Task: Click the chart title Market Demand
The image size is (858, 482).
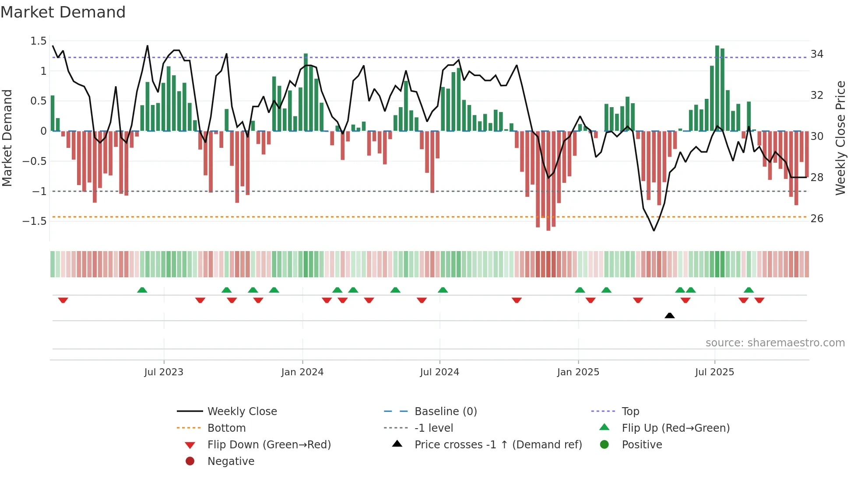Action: pyautogui.click(x=63, y=12)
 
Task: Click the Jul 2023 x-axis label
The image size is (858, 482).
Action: pyautogui.click(x=164, y=372)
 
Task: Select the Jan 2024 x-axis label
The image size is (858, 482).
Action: pyautogui.click(x=302, y=372)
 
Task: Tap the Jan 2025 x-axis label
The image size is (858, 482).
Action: pyautogui.click(x=578, y=372)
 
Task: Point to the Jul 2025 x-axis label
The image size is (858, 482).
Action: pyautogui.click(x=714, y=372)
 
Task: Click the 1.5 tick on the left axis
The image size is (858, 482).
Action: pyautogui.click(x=39, y=41)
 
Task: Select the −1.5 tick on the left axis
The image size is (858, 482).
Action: pyautogui.click(x=35, y=221)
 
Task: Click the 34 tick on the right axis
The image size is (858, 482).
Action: pyautogui.click(x=817, y=54)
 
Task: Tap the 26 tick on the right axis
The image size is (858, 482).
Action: pyautogui.click(x=817, y=219)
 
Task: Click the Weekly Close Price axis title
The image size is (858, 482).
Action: pyautogui.click(x=840, y=138)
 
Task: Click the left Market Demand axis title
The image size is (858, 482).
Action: pyautogui.click(x=7, y=138)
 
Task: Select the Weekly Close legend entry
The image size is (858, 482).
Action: pyautogui.click(x=242, y=412)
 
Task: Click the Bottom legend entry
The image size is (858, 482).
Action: pyautogui.click(x=226, y=428)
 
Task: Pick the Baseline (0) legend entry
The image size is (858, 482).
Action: pyautogui.click(x=445, y=412)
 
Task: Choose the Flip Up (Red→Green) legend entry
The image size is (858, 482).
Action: pyautogui.click(x=675, y=428)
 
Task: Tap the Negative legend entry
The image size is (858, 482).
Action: pyautogui.click(x=231, y=461)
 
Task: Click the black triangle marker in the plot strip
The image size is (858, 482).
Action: pyautogui.click(x=669, y=315)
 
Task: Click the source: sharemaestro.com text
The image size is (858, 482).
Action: pyautogui.click(x=775, y=343)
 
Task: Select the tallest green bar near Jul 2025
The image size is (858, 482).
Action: pyautogui.click(x=717, y=87)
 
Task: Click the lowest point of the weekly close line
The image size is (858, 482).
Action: pyautogui.click(x=654, y=231)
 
